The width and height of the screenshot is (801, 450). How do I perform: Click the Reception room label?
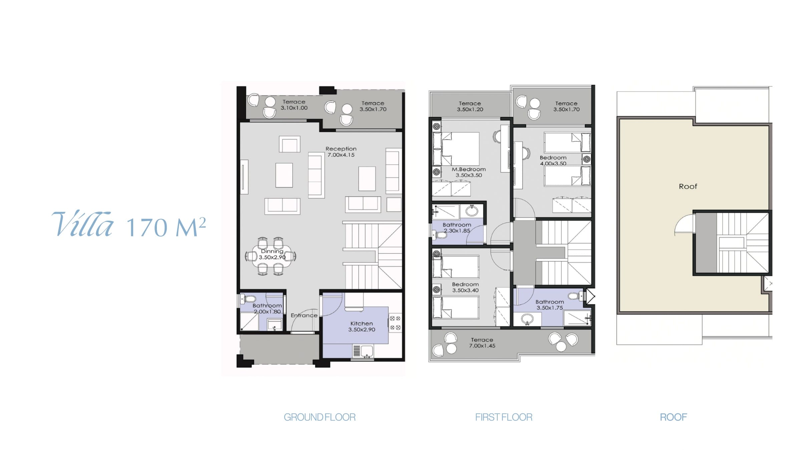click(341, 149)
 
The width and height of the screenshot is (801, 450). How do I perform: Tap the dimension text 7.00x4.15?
click(341, 155)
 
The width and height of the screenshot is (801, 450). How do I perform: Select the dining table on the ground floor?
click(271, 256)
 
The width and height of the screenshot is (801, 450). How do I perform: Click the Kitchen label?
click(361, 323)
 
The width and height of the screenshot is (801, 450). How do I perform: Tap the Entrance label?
click(304, 315)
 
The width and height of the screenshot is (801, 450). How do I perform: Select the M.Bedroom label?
click(469, 169)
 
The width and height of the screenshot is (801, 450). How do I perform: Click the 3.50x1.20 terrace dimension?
click(470, 109)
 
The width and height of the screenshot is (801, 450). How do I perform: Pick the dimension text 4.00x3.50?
click(553, 164)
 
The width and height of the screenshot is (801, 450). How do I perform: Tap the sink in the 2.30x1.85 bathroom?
click(472, 211)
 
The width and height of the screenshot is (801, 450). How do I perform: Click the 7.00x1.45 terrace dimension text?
click(482, 346)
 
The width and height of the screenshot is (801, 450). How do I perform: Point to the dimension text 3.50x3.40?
click(465, 290)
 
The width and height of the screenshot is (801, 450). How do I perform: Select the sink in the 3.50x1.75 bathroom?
click(527, 319)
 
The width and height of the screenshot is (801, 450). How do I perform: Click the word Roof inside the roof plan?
click(688, 186)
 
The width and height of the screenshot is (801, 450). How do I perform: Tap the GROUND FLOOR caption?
click(319, 417)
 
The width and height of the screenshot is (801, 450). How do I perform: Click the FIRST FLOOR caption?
click(504, 417)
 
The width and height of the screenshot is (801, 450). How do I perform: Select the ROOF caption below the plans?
click(673, 417)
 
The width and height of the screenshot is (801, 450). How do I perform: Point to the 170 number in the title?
click(147, 227)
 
